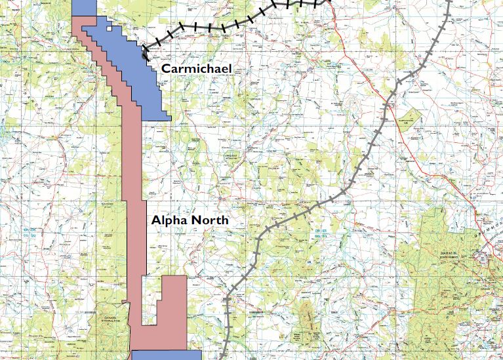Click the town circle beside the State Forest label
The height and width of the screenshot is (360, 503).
(487, 258)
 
